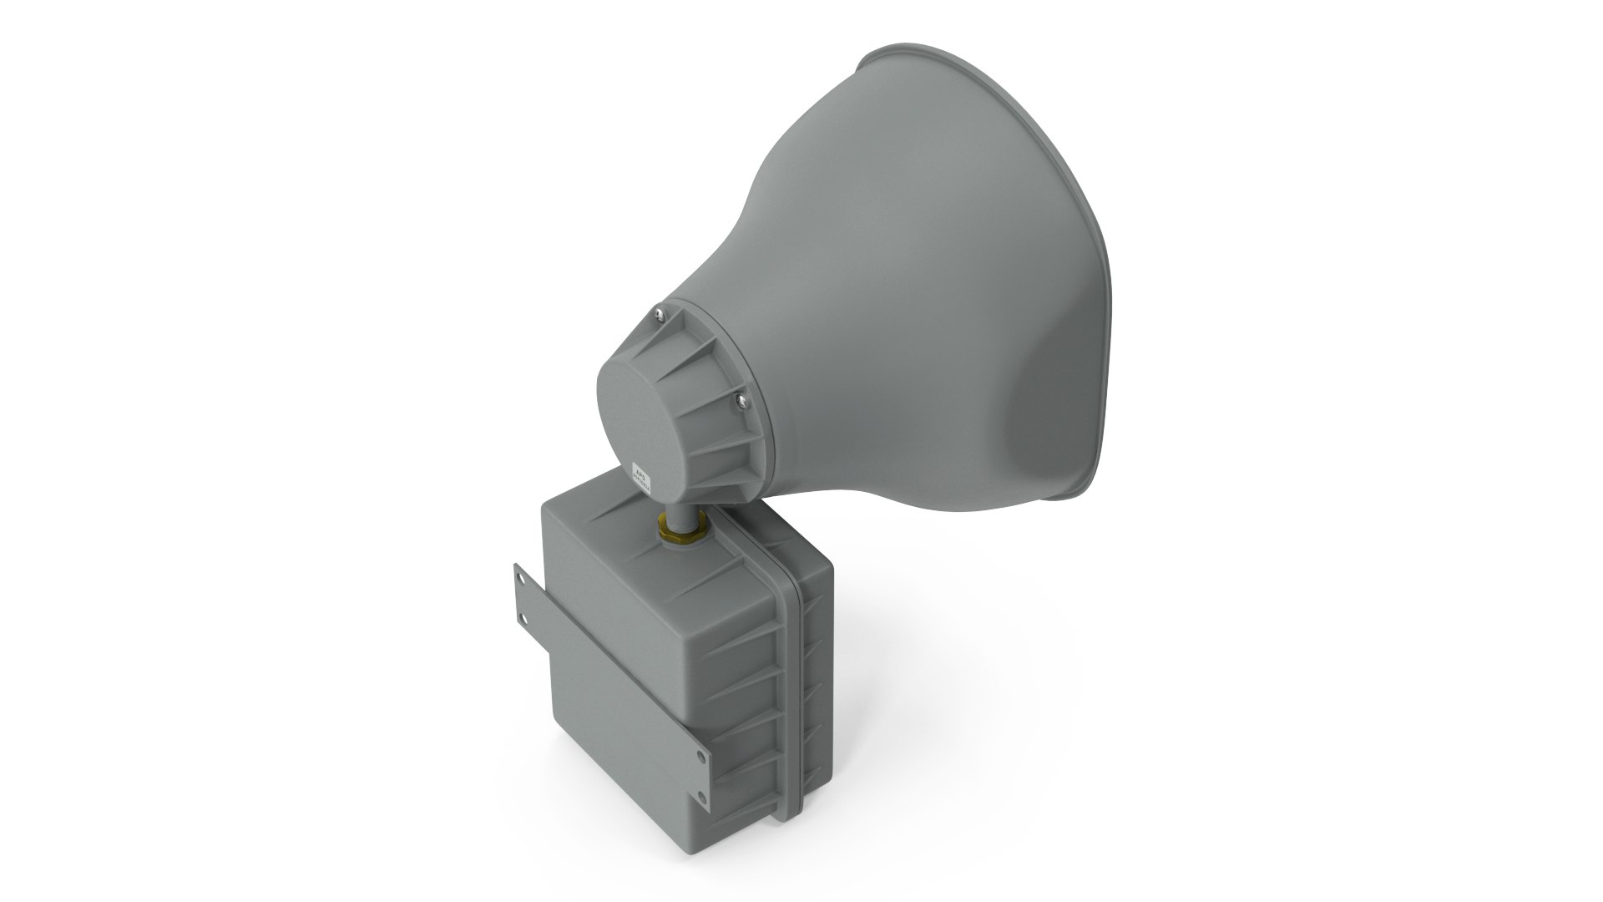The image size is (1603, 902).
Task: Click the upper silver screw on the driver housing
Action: [660, 313]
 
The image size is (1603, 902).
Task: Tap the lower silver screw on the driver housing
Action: [741, 401]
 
